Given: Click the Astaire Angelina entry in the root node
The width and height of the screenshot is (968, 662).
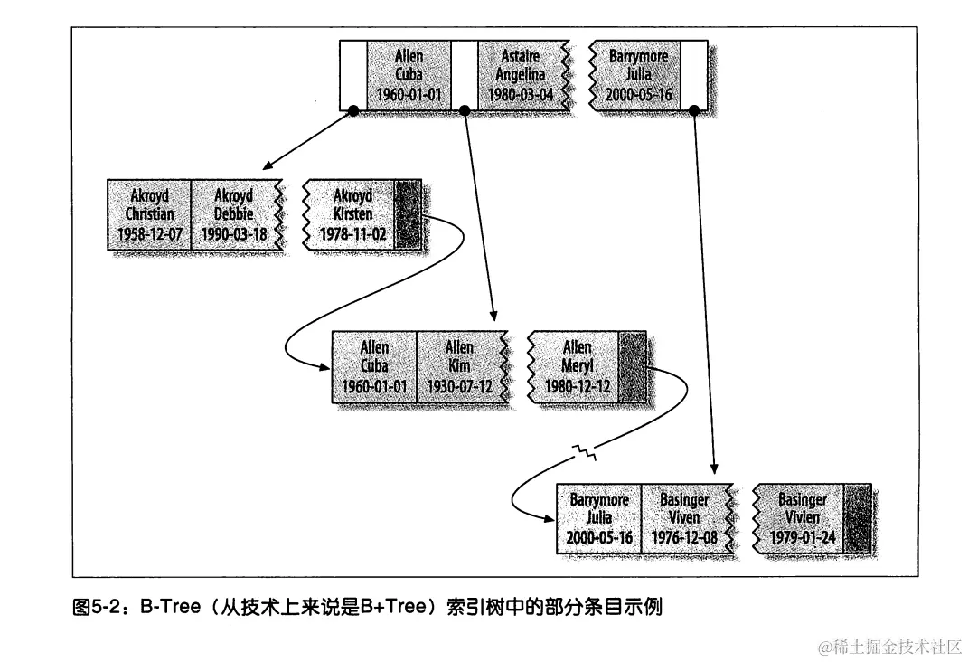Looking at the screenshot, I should (x=521, y=75).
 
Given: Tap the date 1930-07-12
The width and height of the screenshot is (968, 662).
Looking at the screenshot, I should (x=458, y=386).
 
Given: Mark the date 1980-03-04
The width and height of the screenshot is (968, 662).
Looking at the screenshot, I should (x=521, y=94).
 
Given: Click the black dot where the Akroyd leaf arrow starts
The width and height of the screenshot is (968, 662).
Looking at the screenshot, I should (x=353, y=110).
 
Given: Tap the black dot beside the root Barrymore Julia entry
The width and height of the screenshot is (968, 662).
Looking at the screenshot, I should (x=693, y=110).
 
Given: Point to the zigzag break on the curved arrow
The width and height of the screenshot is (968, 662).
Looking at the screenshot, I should (x=587, y=447).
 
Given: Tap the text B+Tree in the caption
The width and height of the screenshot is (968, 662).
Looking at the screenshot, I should (x=392, y=607).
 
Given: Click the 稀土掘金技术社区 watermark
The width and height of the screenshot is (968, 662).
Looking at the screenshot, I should (x=890, y=647).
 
